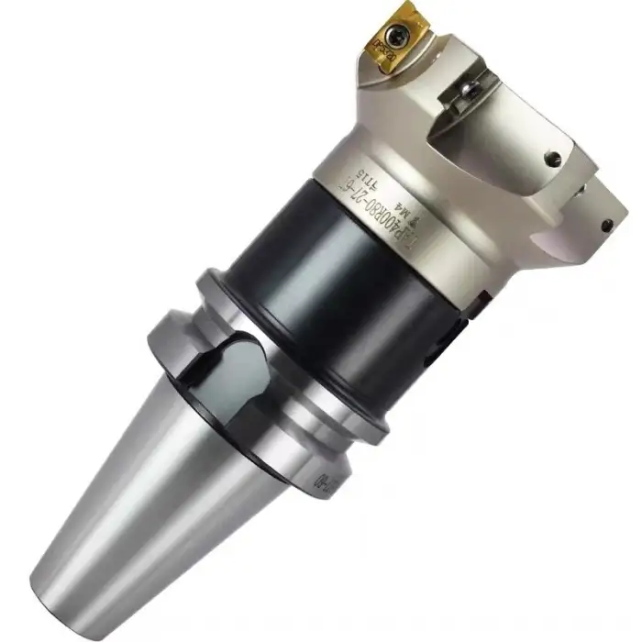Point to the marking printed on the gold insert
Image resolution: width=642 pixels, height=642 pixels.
point(379,43)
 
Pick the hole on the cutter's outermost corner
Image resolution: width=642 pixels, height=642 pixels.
point(606,223)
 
